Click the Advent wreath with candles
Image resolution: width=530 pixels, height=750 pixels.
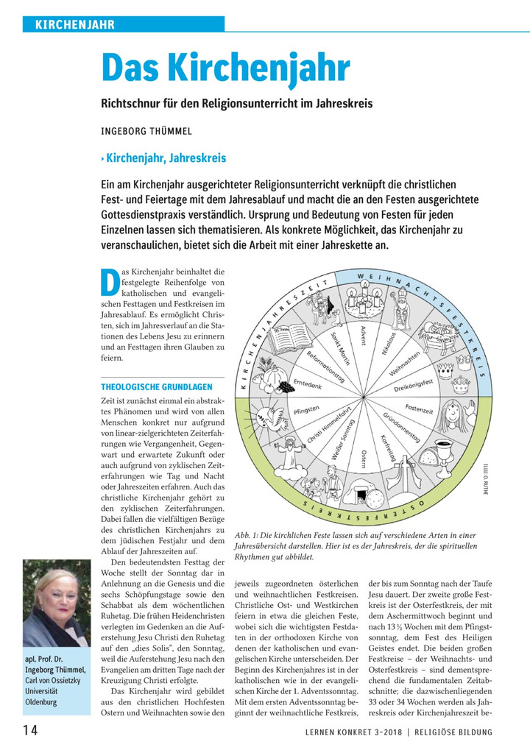[367, 298]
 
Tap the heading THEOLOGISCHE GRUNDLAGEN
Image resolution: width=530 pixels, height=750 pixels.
[157, 386]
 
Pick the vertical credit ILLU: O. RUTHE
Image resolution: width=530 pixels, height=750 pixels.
[486, 478]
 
